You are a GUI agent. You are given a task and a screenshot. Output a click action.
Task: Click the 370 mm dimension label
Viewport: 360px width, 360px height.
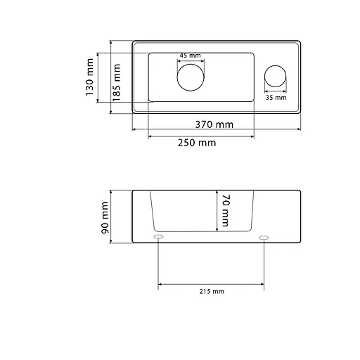(x=214, y=124)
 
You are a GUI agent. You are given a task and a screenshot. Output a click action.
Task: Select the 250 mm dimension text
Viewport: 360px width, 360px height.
(x=197, y=143)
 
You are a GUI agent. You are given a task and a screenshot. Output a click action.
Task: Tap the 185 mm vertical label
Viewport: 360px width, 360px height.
(x=117, y=83)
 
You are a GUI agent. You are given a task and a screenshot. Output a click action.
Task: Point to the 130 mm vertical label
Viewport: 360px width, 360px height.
(x=89, y=77)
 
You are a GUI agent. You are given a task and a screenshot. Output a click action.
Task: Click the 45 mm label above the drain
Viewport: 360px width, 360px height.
(x=191, y=56)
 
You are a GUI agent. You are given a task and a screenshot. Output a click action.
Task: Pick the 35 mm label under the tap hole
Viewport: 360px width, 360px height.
(x=276, y=98)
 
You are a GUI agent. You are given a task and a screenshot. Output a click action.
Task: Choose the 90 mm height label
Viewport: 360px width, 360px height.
(x=105, y=218)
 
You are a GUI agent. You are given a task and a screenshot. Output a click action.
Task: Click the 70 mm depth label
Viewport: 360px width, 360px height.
(x=225, y=210)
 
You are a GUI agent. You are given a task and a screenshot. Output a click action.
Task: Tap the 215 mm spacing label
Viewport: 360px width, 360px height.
(x=212, y=292)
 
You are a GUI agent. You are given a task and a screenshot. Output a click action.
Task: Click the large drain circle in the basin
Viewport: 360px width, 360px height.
(x=191, y=64)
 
